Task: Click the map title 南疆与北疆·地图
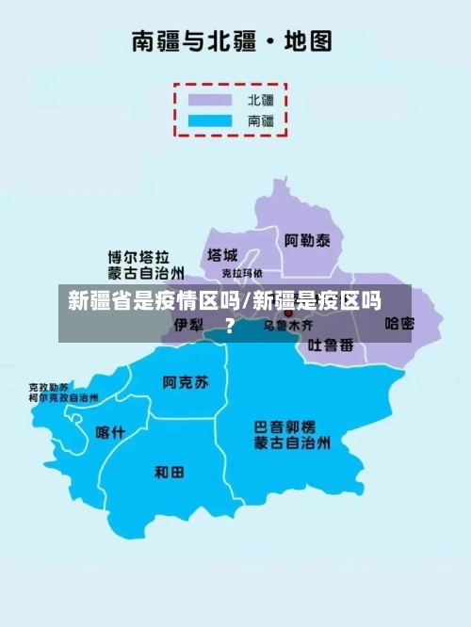click(231, 41)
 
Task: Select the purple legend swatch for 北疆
click(210, 99)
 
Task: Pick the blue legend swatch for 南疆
click(210, 121)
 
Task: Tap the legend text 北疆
click(261, 99)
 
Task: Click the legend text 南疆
click(261, 121)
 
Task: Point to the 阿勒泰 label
click(307, 241)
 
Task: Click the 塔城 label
click(222, 255)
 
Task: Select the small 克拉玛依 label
click(241, 273)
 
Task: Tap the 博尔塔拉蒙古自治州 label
click(138, 265)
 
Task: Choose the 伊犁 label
click(188, 325)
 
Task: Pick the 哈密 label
click(399, 324)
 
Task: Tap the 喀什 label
click(110, 432)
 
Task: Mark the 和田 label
click(170, 472)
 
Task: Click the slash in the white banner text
click(247, 302)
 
